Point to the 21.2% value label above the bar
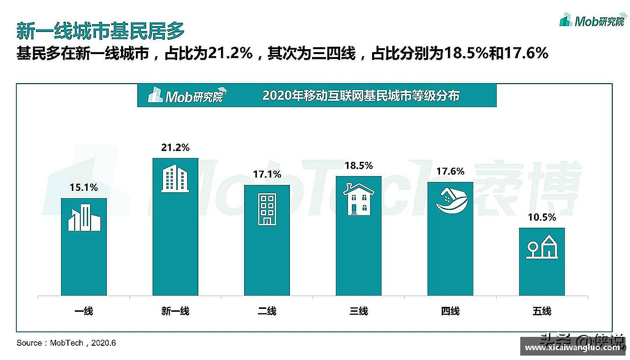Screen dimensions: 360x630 [x=175, y=148]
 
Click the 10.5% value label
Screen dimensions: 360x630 [x=542, y=217]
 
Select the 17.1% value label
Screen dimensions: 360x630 [x=267, y=175]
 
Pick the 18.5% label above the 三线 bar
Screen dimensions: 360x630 [x=358, y=166]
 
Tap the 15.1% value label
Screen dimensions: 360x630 [x=84, y=187]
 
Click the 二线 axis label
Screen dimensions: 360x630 [x=267, y=311]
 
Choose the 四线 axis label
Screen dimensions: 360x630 [x=450, y=311]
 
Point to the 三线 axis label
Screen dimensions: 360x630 [x=358, y=311]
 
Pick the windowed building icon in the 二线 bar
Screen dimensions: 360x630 [x=267, y=209]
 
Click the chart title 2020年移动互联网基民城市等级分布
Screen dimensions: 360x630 [x=360, y=95]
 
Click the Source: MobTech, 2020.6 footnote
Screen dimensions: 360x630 [x=66, y=343]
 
